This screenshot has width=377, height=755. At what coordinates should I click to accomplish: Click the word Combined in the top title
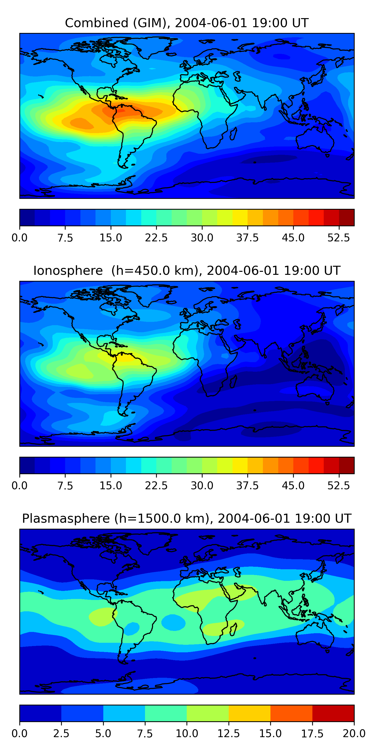coord(97,23)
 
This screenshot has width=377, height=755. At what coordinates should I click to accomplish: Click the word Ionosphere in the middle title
coord(68,271)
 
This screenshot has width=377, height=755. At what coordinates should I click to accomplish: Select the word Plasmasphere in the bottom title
coord(66,518)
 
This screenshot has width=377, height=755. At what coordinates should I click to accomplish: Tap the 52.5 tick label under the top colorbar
coord(338,238)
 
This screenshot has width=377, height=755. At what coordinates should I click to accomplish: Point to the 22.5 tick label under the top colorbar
coord(156,238)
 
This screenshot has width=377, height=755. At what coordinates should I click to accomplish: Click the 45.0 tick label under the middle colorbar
coord(293,486)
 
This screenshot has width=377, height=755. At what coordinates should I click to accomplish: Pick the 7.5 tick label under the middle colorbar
coord(65,486)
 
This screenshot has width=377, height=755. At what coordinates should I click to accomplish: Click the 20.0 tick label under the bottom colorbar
coord(354,734)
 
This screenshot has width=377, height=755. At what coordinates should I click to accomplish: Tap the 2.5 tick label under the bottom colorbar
coord(61,734)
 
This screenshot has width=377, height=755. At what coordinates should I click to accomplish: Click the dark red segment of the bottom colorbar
coord(333,713)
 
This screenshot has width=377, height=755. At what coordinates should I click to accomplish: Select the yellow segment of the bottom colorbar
coord(249,713)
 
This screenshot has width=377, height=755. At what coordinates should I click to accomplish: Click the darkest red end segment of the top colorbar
coord(347,217)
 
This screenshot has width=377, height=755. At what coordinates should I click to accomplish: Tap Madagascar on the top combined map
coord(233,134)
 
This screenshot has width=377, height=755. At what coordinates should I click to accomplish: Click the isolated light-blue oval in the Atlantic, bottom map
coord(173,622)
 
